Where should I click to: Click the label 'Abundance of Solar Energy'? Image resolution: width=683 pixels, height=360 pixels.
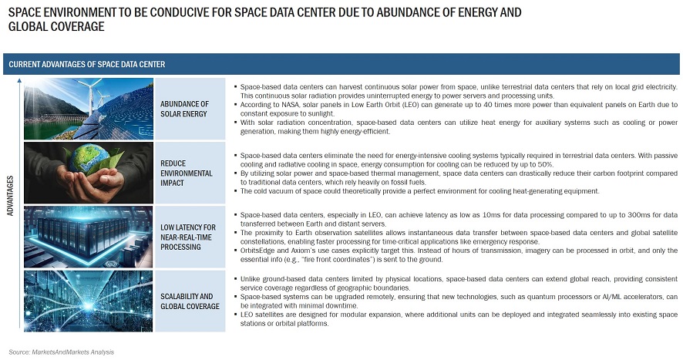(184, 108)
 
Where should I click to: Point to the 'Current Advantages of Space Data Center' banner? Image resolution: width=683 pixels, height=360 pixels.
(87, 64)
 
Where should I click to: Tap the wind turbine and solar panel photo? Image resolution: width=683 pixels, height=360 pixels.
(88, 108)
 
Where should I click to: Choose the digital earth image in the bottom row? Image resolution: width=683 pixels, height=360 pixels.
(88, 300)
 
